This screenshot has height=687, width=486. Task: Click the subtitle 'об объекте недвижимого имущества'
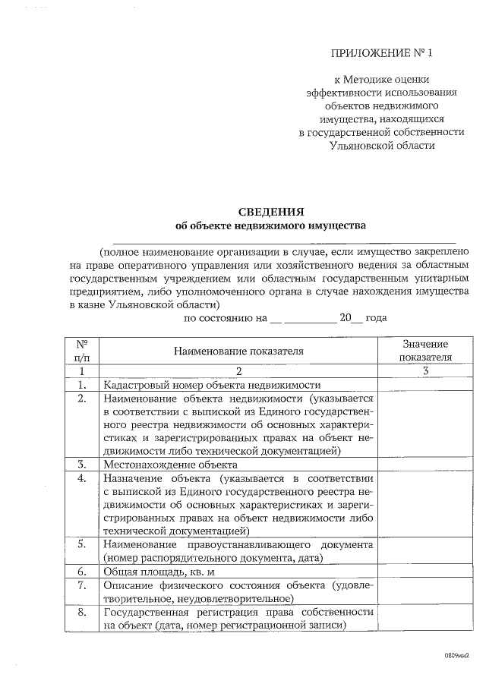(270, 225)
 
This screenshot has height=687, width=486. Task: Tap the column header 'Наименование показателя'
(238, 351)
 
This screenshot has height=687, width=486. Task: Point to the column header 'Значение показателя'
(425, 351)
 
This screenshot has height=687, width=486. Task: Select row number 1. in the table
(81, 385)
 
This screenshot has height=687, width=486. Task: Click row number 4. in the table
(81, 478)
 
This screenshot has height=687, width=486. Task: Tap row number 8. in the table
(81, 612)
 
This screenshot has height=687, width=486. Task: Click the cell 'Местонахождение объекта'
(171, 464)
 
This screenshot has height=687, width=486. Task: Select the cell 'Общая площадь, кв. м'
(156, 572)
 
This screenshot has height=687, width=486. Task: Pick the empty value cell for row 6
(425, 572)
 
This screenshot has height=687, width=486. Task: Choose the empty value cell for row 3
(425, 464)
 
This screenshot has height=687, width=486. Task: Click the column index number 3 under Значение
(425, 371)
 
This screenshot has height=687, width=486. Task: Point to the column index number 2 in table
(238, 371)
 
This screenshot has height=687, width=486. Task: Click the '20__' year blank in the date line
(351, 319)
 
